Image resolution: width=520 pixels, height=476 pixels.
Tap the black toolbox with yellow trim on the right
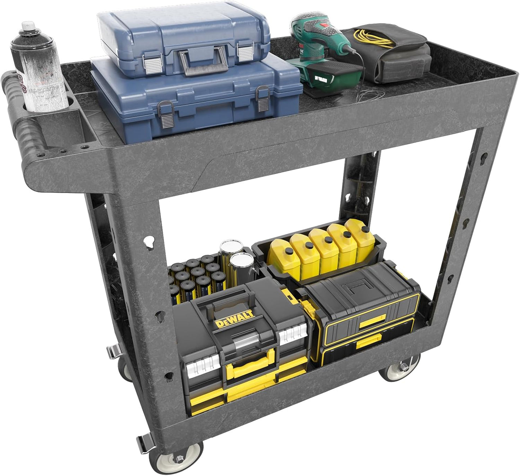click(363, 317)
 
